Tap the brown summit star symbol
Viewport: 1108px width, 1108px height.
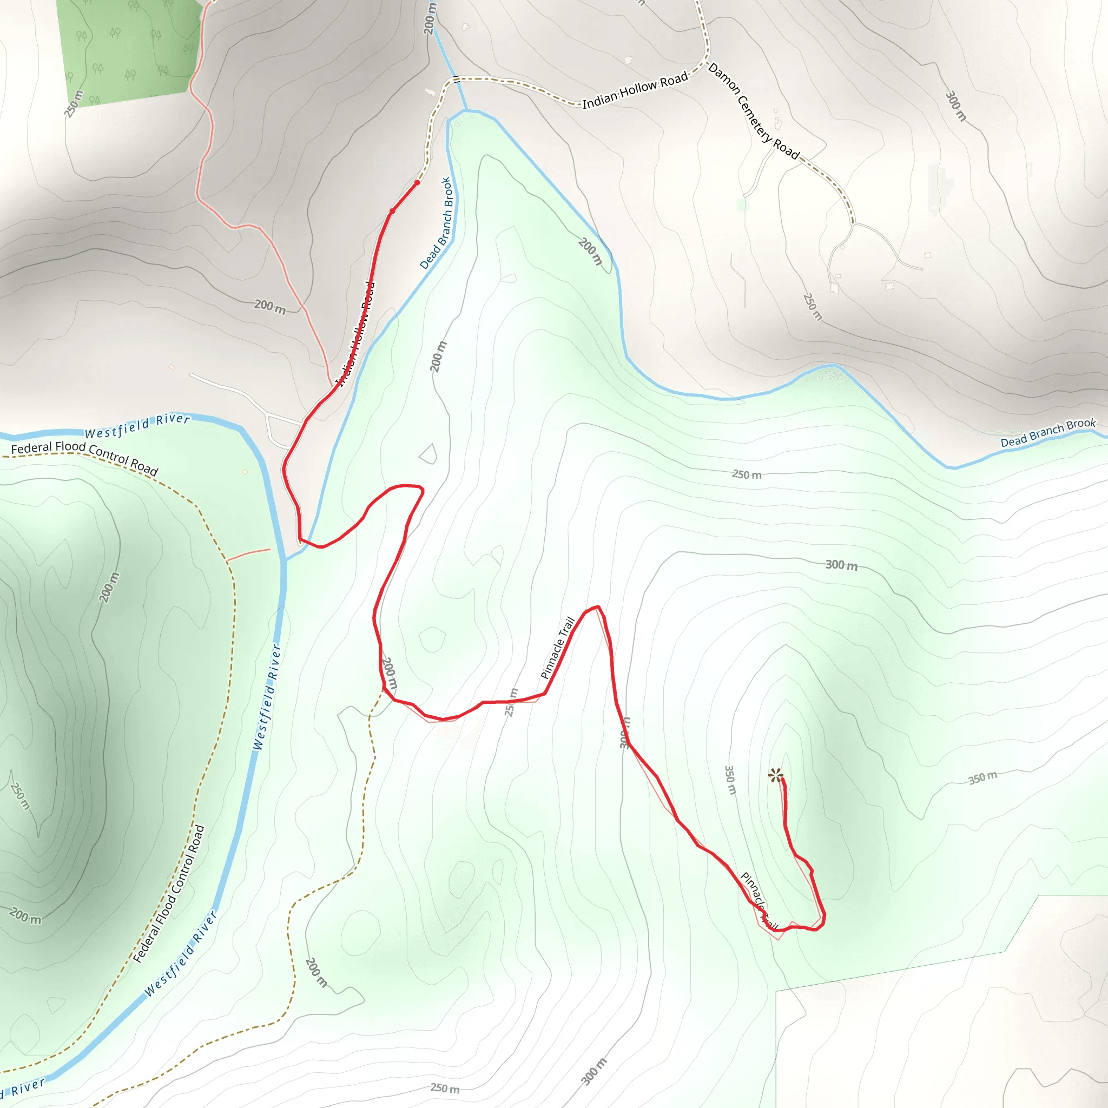[775, 776]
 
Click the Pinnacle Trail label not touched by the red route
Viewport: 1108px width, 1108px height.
[557, 648]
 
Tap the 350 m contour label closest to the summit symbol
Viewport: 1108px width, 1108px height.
[730, 780]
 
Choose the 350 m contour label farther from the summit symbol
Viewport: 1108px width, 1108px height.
[982, 778]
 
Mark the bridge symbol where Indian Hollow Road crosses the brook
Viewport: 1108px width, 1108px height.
[456, 79]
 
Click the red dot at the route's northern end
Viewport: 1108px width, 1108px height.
[417, 182]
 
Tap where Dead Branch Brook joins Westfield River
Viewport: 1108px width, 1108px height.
[286, 558]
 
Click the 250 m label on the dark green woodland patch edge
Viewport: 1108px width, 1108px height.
[74, 104]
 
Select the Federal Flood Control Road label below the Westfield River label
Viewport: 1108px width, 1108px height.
[84, 457]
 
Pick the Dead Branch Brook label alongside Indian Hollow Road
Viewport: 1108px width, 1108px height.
[437, 223]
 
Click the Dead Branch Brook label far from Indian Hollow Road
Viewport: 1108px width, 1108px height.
[1048, 432]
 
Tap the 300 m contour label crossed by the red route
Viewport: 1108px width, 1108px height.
[625, 733]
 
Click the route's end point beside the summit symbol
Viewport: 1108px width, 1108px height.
[782, 781]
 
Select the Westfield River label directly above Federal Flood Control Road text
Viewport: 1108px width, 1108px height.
[137, 426]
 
